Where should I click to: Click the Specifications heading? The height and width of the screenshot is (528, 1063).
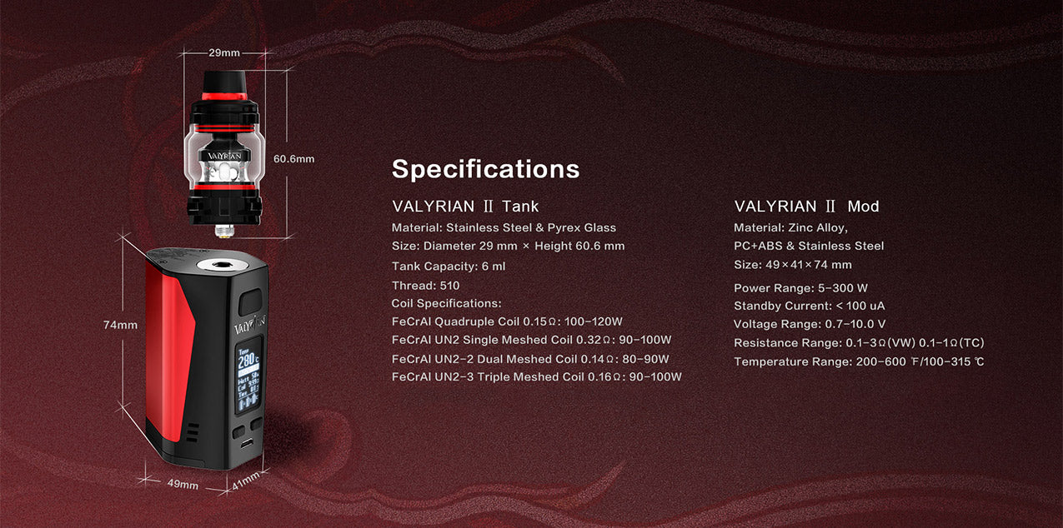tap(485, 169)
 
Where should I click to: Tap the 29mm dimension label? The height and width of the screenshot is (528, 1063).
tap(224, 52)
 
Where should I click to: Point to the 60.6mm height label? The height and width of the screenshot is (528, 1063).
tap(293, 159)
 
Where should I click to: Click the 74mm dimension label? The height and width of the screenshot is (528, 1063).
tap(120, 325)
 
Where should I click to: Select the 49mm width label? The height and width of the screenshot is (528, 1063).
tap(183, 485)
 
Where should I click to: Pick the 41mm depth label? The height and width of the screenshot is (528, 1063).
tap(245, 481)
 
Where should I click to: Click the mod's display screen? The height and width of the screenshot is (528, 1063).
tap(248, 375)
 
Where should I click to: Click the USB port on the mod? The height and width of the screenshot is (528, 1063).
tap(247, 444)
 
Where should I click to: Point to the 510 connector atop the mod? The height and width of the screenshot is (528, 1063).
tap(218, 265)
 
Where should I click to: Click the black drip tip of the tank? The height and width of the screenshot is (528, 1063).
tap(224, 82)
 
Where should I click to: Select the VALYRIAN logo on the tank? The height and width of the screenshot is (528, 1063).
tap(224, 156)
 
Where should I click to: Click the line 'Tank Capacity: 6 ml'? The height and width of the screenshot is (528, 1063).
tap(449, 266)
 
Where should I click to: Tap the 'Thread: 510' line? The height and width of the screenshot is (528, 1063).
tap(426, 286)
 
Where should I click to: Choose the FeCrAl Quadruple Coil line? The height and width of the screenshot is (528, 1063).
tap(507, 321)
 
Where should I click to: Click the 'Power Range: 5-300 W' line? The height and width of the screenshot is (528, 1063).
tap(800, 287)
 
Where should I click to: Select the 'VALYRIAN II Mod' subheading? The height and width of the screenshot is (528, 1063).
tap(807, 207)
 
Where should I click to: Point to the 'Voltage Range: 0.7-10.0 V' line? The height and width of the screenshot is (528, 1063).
tap(810, 324)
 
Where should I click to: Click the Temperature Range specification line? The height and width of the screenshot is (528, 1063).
tap(859, 361)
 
